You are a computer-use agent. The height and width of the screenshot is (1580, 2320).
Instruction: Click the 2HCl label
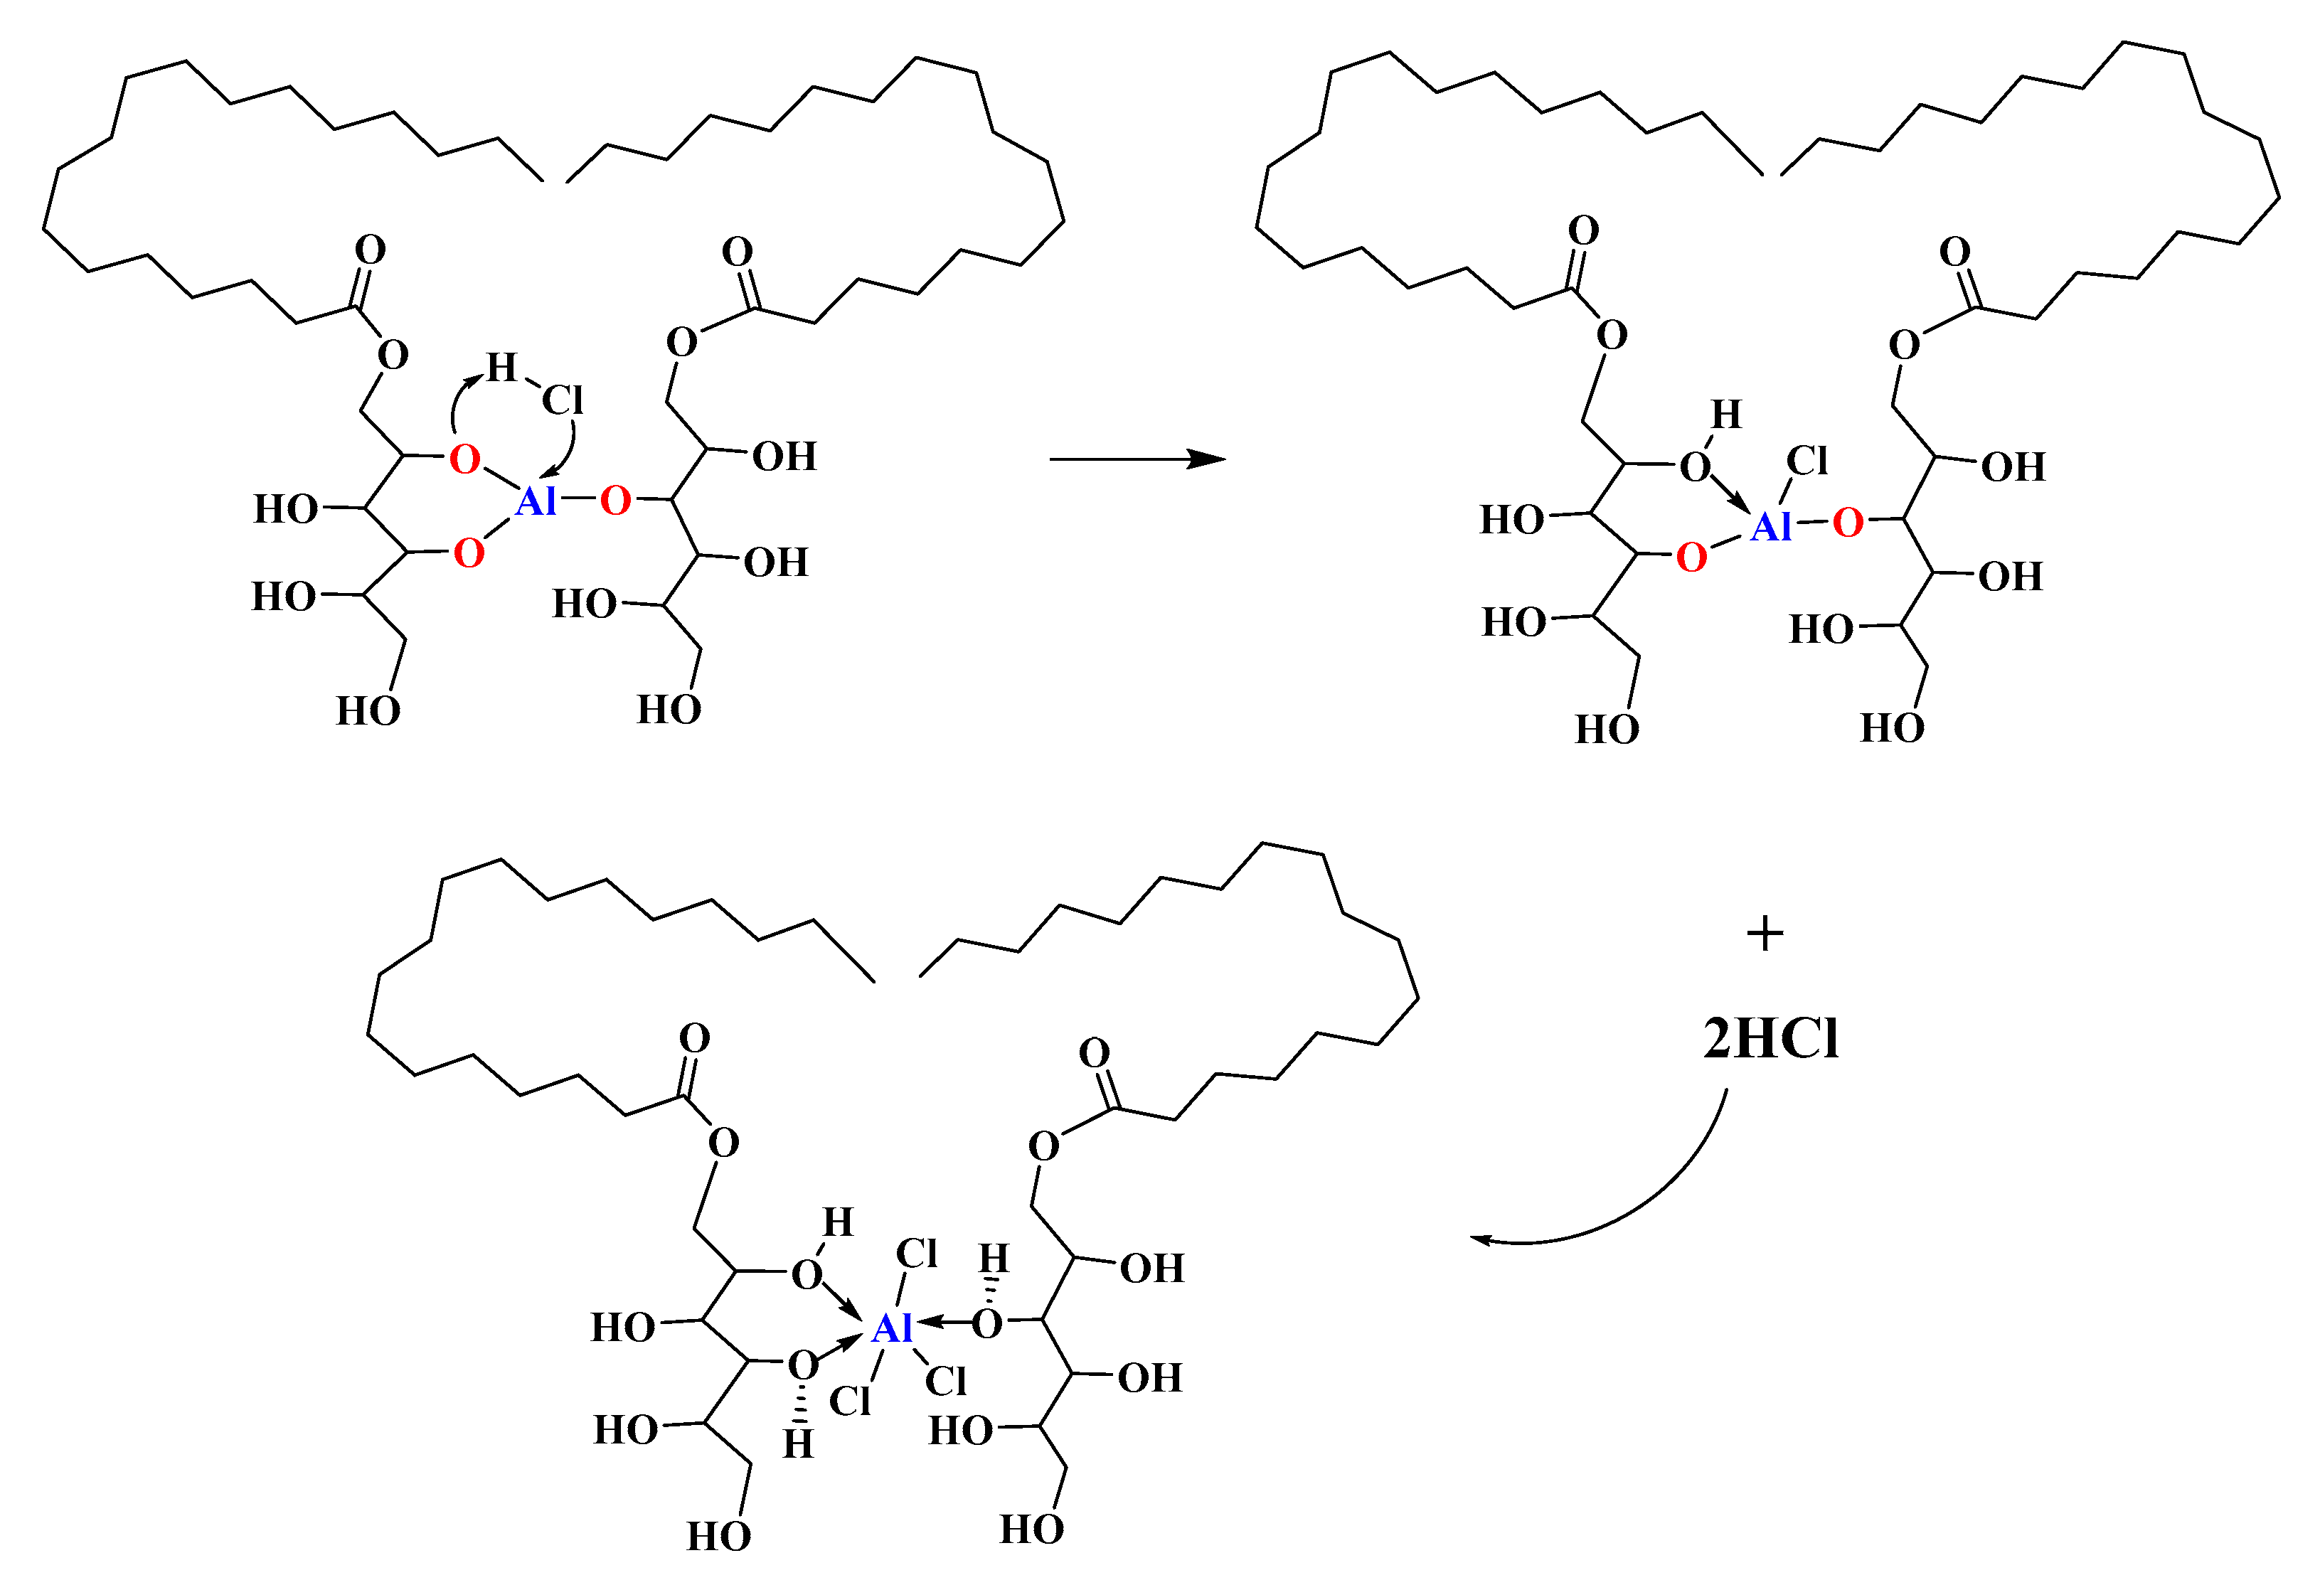[x=1770, y=1039]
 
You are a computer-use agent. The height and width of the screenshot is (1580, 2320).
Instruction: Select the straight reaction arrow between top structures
[x=1137, y=459]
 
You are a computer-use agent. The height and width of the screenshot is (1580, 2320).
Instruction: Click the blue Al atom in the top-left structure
[x=536, y=501]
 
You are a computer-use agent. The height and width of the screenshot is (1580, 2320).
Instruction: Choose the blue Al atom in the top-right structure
[x=1771, y=526]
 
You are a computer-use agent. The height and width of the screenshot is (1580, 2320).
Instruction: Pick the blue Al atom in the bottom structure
[x=891, y=1328]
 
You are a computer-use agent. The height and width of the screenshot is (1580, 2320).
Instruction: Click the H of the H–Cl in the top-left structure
[x=502, y=368]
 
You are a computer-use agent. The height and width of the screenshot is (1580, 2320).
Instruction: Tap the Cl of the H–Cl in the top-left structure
[x=562, y=401]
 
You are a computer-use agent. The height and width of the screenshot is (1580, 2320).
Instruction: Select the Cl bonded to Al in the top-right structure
[x=1807, y=461]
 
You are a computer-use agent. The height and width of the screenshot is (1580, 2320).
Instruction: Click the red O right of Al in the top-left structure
[x=615, y=500]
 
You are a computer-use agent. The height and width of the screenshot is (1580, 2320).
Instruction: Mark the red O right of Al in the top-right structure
[x=1848, y=522]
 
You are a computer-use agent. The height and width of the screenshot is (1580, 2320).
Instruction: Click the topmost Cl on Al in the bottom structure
[x=917, y=1254]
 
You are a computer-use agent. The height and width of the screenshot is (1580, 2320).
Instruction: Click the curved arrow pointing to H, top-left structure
[x=459, y=399]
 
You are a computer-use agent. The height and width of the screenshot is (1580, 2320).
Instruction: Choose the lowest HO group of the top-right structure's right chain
[x=1893, y=727]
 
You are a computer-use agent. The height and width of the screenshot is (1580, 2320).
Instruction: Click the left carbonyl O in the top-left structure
[x=371, y=250]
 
